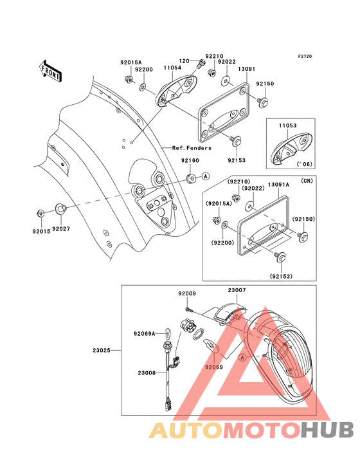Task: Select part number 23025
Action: tap(102, 351)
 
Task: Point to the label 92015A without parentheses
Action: tap(130, 62)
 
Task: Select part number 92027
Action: tap(62, 228)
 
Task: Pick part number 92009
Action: tap(187, 293)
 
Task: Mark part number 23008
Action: tap(146, 372)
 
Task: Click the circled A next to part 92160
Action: tap(205, 176)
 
